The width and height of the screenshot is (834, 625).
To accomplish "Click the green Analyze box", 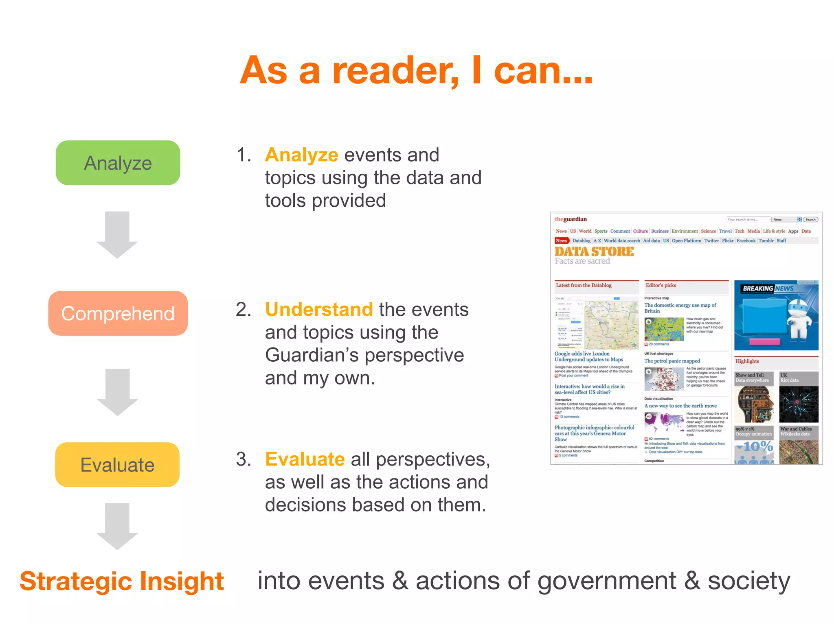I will pos(118,163).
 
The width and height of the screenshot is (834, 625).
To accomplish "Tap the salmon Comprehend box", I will pos(118,313).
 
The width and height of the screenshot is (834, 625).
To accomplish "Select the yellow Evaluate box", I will pos(117,465).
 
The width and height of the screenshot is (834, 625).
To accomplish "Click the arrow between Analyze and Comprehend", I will pos(117,235).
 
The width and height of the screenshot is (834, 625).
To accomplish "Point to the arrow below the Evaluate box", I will pos(117,526).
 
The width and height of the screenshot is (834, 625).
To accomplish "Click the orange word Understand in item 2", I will pos(319,310).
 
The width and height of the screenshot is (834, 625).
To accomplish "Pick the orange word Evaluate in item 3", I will pos(305,459).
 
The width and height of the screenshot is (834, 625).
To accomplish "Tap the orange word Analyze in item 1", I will pos(301,155).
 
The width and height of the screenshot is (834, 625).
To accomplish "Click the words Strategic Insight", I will pos(122,581).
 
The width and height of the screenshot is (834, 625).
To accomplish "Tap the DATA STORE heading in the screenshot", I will pos(594,251).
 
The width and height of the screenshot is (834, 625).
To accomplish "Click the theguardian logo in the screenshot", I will pos(571,219).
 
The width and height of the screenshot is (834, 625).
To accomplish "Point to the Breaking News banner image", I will pos(776,315).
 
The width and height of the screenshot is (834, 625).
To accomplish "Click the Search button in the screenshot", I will pos(810,219).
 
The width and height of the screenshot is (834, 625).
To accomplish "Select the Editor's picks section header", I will pos(661,285).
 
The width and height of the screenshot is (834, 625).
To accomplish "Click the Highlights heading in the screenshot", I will pos(747,361).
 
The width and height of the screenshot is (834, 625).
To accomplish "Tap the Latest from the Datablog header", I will pos(584,285).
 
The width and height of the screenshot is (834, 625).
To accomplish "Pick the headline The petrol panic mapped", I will pos(672,361).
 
